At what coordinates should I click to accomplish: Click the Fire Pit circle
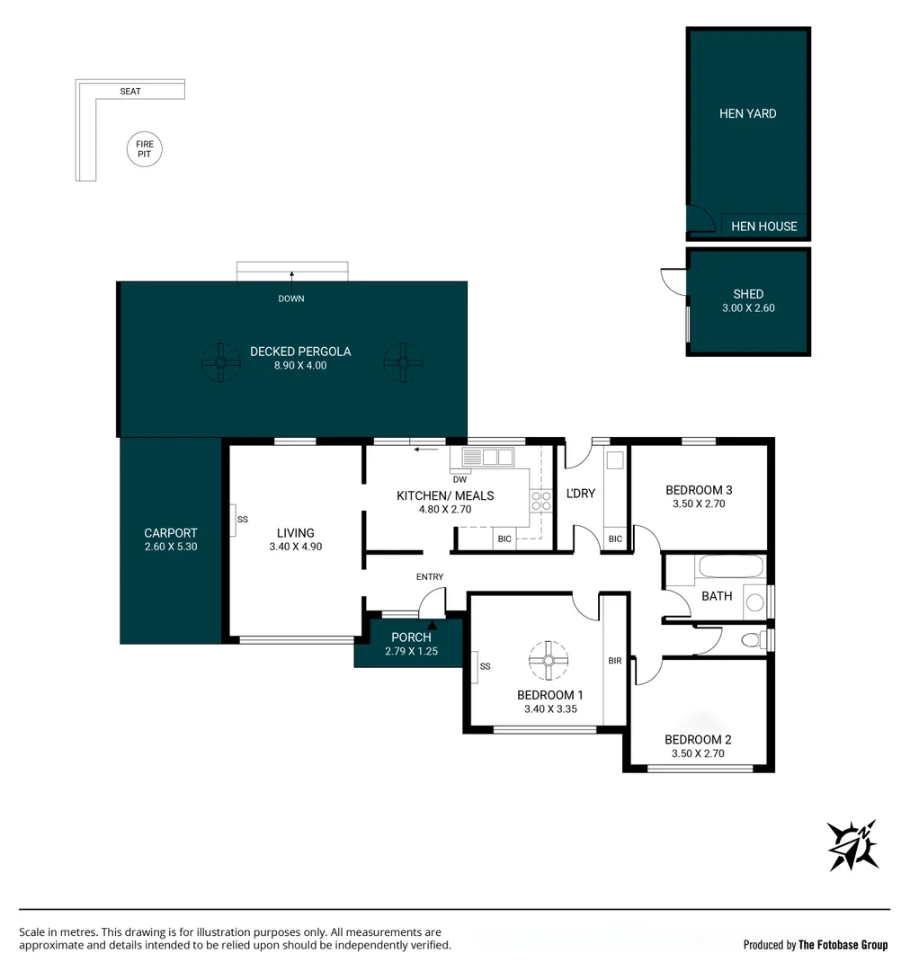[x=145, y=149]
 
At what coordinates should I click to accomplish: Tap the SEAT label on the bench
[x=130, y=92]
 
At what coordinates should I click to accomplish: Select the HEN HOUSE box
[x=763, y=227]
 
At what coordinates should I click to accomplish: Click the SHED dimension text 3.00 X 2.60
[x=747, y=308]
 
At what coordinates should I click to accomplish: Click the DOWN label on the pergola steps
[x=290, y=298]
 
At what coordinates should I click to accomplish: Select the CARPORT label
[x=170, y=533]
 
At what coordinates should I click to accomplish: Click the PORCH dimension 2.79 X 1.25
[x=410, y=651]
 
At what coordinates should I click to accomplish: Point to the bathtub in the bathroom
[x=730, y=567]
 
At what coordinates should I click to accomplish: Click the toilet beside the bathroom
[x=752, y=640]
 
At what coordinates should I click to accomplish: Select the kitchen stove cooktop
[x=540, y=501]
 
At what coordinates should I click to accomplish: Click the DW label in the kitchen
[x=459, y=479]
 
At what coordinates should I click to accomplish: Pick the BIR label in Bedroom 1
[x=615, y=661]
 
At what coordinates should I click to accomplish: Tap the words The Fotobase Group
[x=843, y=945]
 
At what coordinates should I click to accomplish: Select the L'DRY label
[x=581, y=494]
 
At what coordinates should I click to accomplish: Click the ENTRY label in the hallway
[x=429, y=577]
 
